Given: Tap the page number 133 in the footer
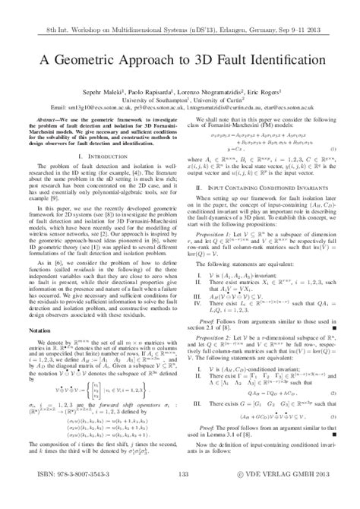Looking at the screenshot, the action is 180,495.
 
